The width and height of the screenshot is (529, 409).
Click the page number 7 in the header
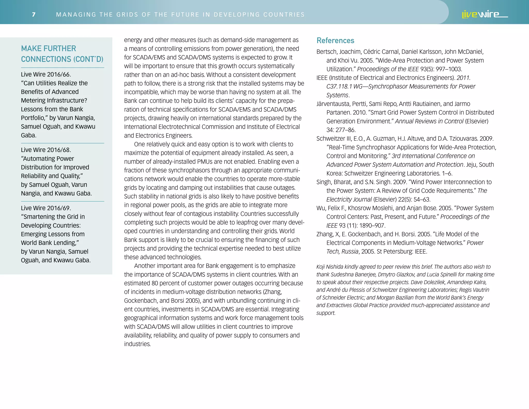point(34,14)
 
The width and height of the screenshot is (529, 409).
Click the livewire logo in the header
point(484,14)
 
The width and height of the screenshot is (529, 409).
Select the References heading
point(335,41)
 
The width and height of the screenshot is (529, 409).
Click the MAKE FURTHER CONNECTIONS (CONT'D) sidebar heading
point(62,54)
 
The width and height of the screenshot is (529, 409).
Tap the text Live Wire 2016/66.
point(46,74)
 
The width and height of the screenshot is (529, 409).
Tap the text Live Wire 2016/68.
point(46,150)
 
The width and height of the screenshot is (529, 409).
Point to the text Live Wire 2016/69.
point(46,208)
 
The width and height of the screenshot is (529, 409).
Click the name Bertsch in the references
point(326,52)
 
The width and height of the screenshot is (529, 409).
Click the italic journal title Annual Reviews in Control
point(429,121)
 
